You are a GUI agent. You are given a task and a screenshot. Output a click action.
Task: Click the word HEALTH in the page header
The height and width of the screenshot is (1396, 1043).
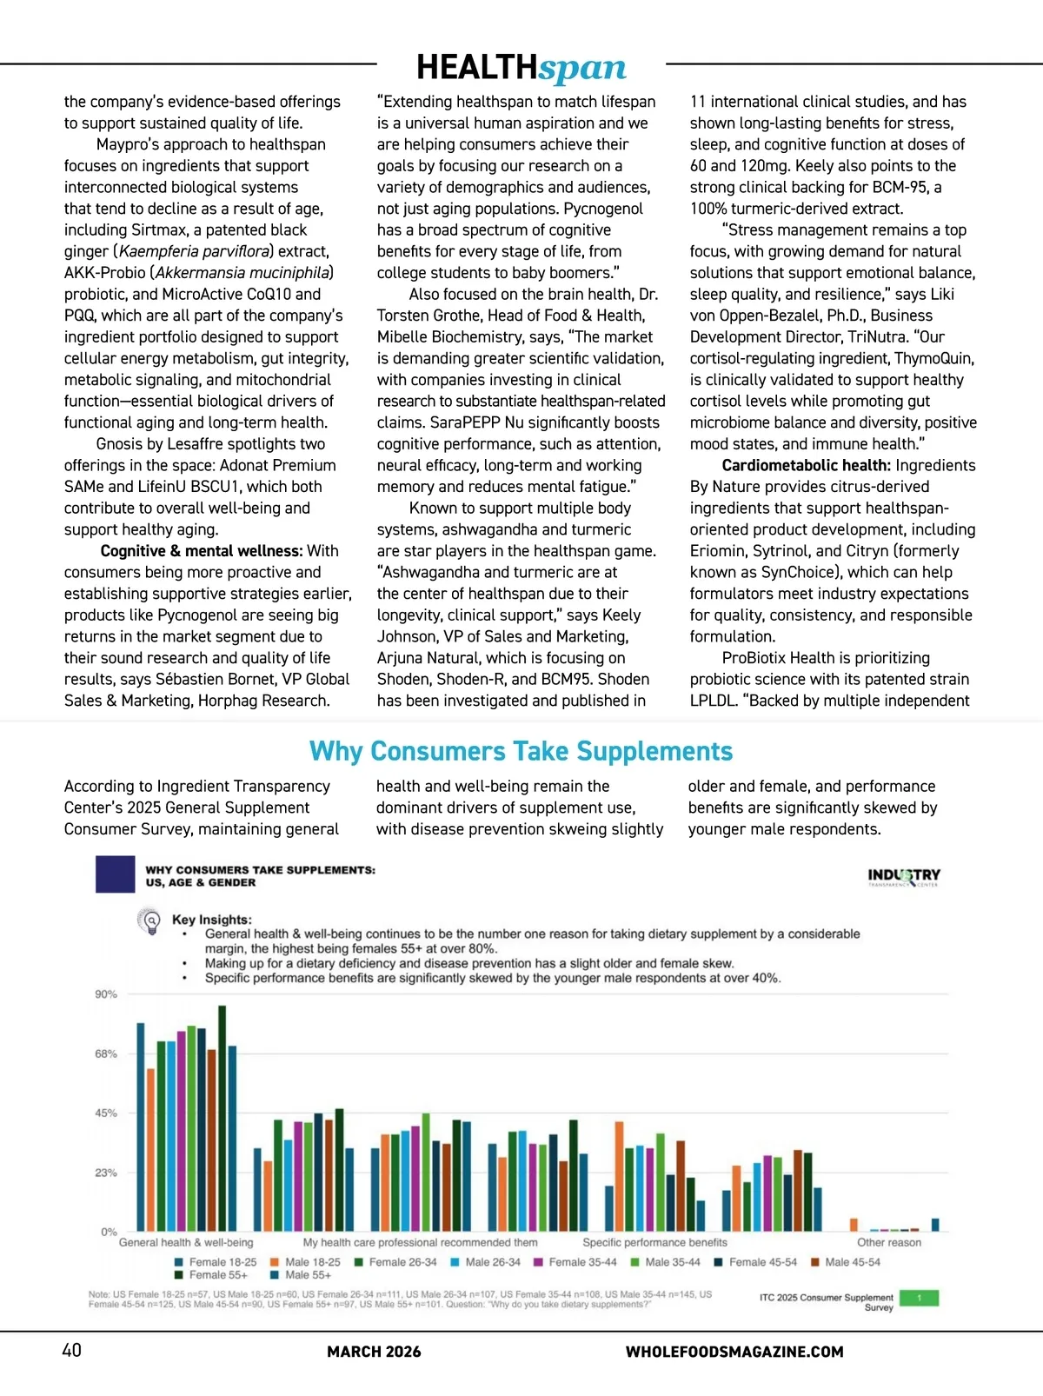click(477, 67)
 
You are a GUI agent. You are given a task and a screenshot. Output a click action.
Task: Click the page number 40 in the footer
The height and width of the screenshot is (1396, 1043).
click(71, 1350)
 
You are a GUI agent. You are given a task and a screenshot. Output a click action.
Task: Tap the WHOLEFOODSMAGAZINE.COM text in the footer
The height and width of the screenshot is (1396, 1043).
click(734, 1352)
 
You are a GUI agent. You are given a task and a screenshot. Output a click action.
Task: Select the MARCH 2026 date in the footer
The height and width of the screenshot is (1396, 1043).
click(374, 1352)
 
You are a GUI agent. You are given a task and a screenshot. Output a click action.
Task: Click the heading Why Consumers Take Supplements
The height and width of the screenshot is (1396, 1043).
click(521, 751)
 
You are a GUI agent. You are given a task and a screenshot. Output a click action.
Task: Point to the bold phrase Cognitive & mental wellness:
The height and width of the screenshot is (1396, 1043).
click(202, 551)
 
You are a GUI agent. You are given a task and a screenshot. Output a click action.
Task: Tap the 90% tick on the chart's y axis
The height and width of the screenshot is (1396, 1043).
click(106, 994)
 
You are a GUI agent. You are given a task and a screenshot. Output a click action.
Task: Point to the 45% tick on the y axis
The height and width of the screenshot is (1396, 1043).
click(106, 1113)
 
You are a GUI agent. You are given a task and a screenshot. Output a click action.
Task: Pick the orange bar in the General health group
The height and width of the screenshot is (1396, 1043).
click(150, 1150)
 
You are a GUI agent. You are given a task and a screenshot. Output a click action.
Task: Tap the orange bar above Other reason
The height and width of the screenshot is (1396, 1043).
click(854, 1225)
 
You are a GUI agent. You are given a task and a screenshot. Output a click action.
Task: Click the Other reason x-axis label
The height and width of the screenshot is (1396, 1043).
click(888, 1243)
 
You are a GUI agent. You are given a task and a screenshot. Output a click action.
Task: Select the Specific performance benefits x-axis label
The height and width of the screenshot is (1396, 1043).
click(654, 1243)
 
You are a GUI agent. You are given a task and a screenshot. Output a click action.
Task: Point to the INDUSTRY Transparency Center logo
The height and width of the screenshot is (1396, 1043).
click(904, 876)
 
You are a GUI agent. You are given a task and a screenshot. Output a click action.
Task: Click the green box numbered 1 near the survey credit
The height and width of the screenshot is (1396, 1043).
click(919, 1299)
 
